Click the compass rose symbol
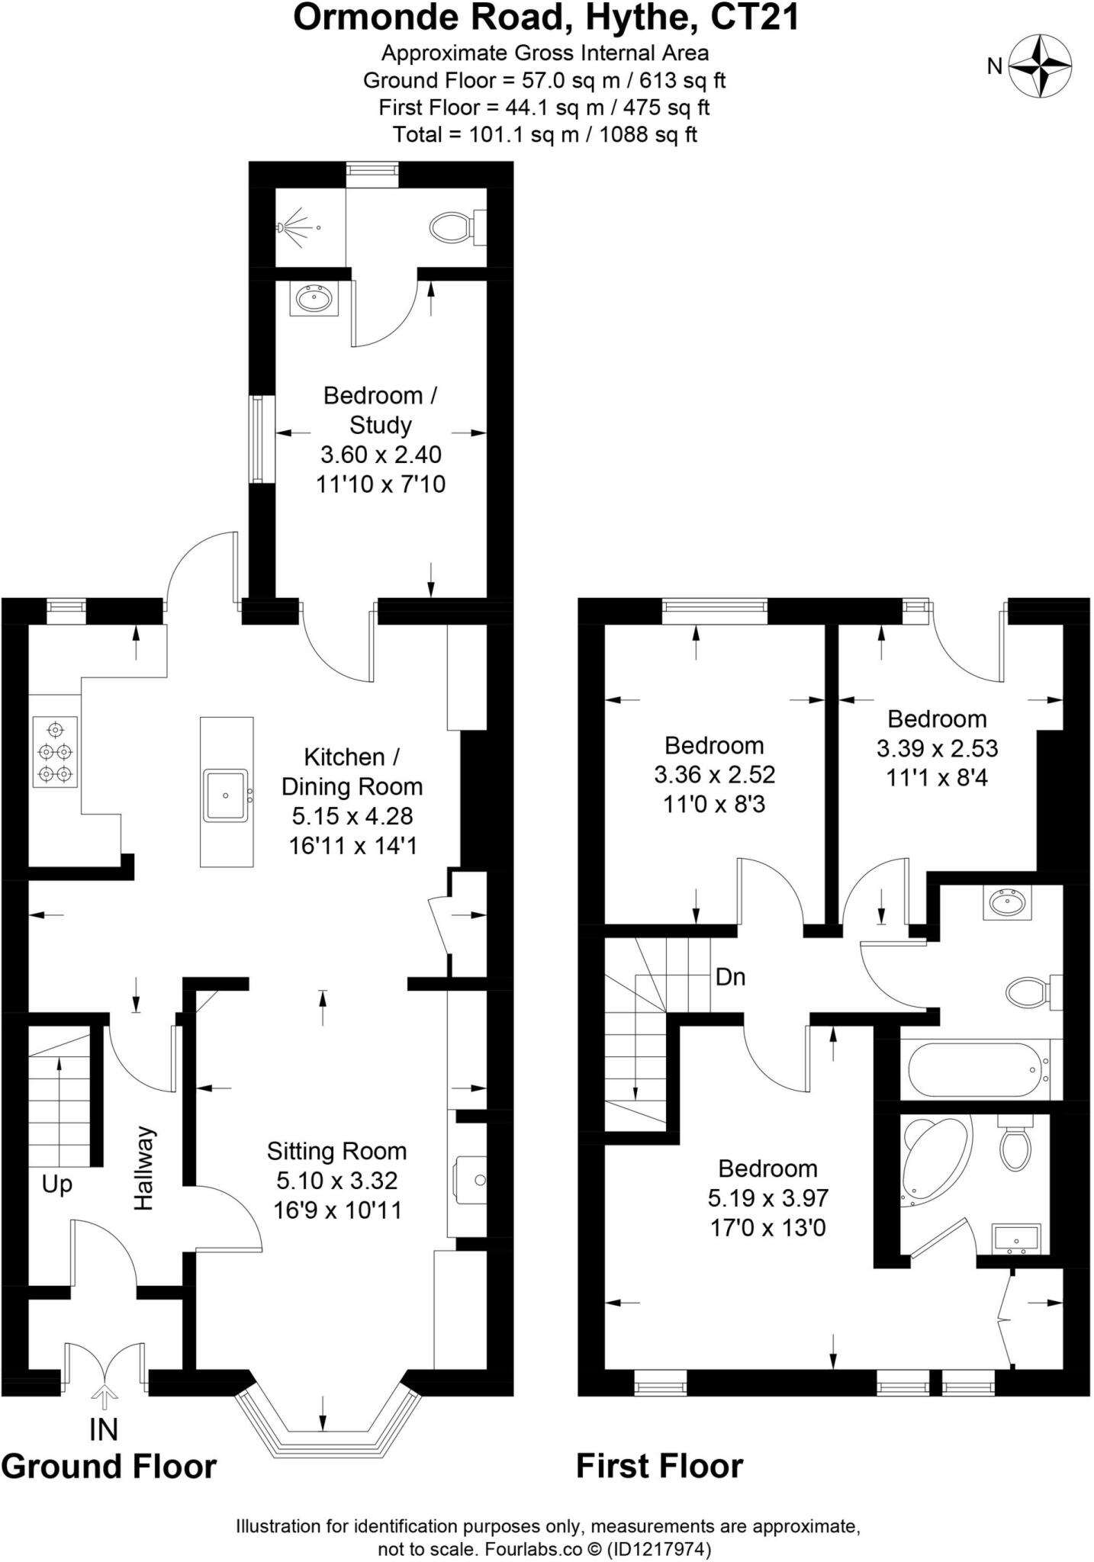point(1041,66)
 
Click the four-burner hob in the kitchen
point(56,752)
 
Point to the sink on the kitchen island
point(226,795)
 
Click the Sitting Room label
point(336,1151)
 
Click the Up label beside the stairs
point(57,1184)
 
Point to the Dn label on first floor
point(730,977)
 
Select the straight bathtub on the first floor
point(977,1069)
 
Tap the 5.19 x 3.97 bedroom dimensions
point(767,1198)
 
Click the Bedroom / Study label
point(380,410)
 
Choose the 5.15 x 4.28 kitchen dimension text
point(352,816)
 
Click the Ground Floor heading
point(109,1466)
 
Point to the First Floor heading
point(659,1466)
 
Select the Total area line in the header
point(545,135)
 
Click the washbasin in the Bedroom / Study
point(314,298)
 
